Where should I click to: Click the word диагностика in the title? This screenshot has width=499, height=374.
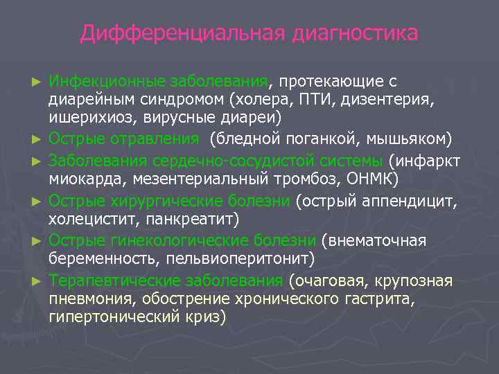(355, 33)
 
